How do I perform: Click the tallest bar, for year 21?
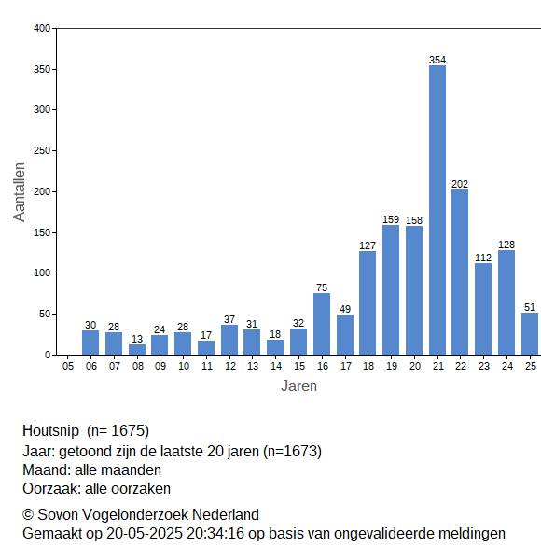[x=437, y=210]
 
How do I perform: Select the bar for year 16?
[x=322, y=324]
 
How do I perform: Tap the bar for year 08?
[x=137, y=350]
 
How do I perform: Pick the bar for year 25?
[x=530, y=334]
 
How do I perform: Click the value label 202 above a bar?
[x=460, y=184]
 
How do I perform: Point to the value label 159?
[x=391, y=219]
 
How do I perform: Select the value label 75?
[x=322, y=287]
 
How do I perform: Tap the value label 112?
[x=483, y=258]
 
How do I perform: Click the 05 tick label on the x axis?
[x=68, y=366]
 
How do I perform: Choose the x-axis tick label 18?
[x=368, y=366]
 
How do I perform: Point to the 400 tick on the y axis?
[x=42, y=28]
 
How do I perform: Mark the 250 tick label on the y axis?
[x=42, y=150]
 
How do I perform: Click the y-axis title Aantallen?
[x=20, y=192]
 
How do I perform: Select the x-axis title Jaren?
[x=298, y=386]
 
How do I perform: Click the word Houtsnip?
[x=50, y=430]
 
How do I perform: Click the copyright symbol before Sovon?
[x=28, y=515]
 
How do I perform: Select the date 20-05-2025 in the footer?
[x=145, y=534]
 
